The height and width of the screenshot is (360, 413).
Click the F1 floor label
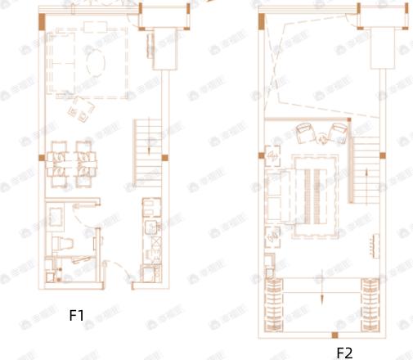[77, 314]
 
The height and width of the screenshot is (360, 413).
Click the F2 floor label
[344, 353]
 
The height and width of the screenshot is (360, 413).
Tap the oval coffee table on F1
[96, 61]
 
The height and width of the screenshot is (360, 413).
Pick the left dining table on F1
[59, 159]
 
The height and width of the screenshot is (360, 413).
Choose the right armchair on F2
[338, 131]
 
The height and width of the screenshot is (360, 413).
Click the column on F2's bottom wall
[334, 335]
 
